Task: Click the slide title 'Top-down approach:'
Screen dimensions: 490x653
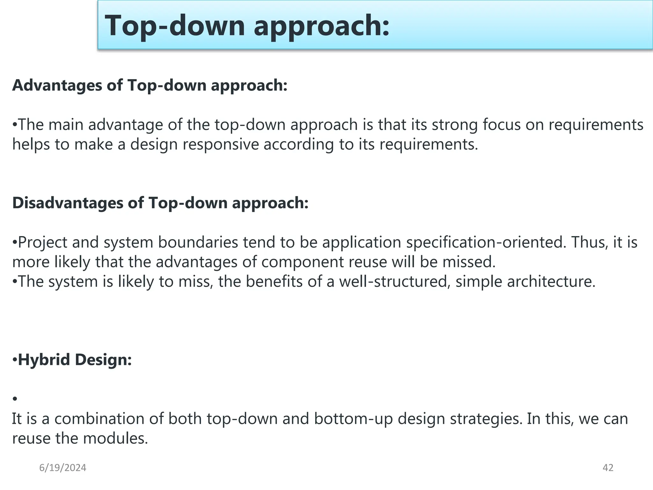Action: (x=247, y=26)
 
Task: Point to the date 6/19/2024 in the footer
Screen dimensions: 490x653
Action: (x=63, y=468)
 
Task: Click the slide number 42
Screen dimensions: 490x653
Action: (x=608, y=468)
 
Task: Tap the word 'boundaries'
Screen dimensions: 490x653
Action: (x=198, y=242)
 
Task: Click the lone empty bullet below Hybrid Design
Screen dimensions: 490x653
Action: (x=15, y=399)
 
